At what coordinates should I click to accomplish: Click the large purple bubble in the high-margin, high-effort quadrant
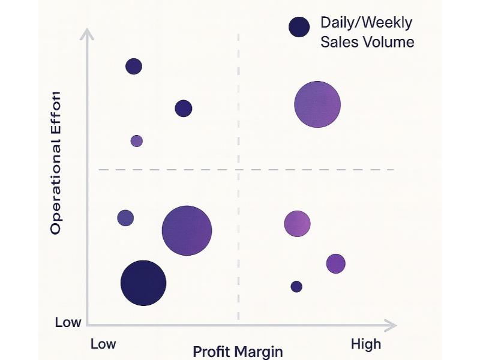[x=317, y=104]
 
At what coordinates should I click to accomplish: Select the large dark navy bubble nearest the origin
[x=143, y=283]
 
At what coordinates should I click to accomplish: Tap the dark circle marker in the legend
[x=299, y=27]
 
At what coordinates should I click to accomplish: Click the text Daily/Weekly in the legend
[x=366, y=23]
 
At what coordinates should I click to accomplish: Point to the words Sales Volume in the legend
[x=367, y=42]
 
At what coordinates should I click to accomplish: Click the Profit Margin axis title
[x=238, y=352]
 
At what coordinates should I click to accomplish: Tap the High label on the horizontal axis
[x=365, y=344]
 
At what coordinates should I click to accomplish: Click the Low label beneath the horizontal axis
[x=103, y=344]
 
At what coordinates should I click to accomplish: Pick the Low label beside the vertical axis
[x=68, y=322]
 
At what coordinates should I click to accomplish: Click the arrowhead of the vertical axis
[x=88, y=34]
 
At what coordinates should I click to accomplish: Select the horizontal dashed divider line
[x=300, y=170]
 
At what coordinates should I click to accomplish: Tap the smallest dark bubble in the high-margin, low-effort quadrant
[x=296, y=287]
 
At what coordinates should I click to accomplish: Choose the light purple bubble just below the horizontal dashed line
[x=297, y=224]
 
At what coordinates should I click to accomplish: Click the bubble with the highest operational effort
[x=134, y=66]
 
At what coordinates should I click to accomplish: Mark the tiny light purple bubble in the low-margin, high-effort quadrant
[x=137, y=141]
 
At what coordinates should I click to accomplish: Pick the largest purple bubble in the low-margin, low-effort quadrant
[x=187, y=231]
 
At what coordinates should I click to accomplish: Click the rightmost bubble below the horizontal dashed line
[x=336, y=263]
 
